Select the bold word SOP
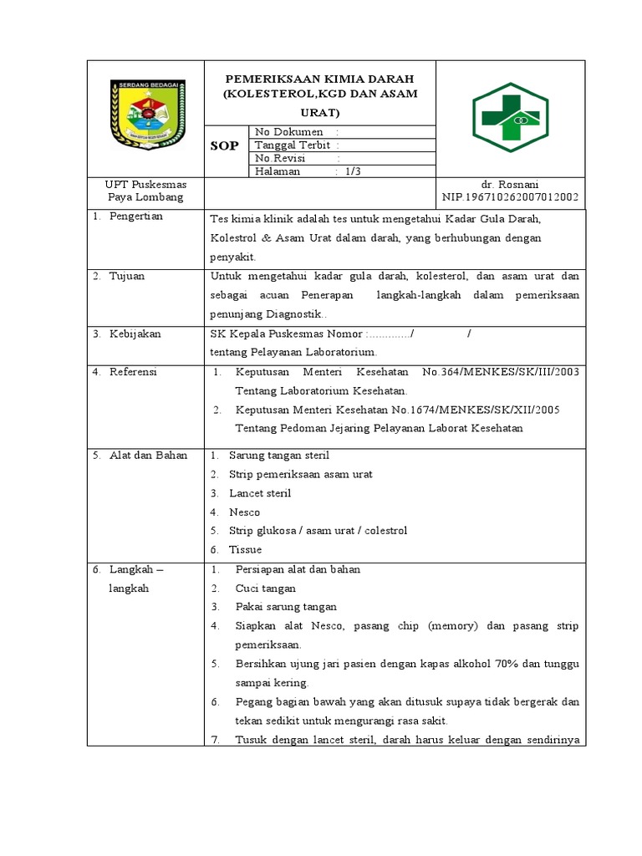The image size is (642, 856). click(223, 145)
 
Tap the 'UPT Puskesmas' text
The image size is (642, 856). click(145, 184)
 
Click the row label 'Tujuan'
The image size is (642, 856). click(126, 276)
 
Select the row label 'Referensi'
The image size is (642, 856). click(133, 372)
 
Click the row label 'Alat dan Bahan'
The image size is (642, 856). click(148, 456)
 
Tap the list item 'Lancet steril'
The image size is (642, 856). click(260, 493)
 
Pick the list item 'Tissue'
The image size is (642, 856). click(245, 549)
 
